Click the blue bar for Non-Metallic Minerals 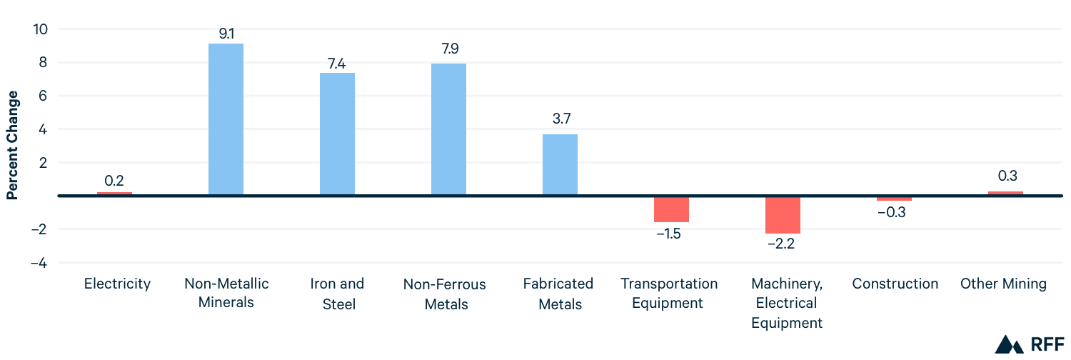tap(226, 119)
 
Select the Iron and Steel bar tap(337, 134)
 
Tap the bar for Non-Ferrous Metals tap(448, 129)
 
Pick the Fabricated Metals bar tap(560, 164)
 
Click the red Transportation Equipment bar tap(671, 209)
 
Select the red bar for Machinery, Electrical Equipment tap(783, 214)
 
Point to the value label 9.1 tap(226, 33)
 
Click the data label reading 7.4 tap(337, 62)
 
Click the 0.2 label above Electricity tap(114, 181)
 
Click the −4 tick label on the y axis tap(39, 263)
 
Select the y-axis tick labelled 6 tap(43, 96)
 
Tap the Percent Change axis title tap(12, 145)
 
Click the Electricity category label tap(117, 284)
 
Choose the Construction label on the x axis tap(895, 284)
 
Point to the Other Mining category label tap(1003, 284)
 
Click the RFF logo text tap(1047, 344)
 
